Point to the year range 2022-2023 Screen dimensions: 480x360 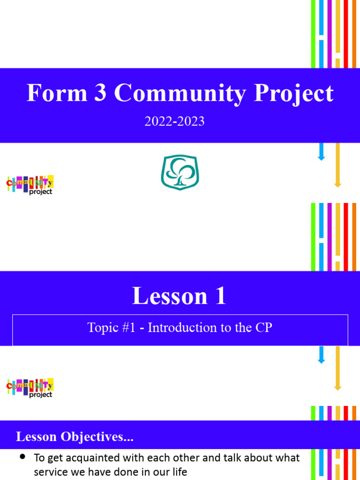[x=174, y=121]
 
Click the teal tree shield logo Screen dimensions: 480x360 [x=180, y=173]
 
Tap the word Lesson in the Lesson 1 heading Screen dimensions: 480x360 [x=163, y=296]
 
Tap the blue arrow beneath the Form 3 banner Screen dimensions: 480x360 [x=322, y=152]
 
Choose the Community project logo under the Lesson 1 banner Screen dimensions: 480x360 [x=30, y=388]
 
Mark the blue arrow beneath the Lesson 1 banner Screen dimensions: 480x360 [x=322, y=355]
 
